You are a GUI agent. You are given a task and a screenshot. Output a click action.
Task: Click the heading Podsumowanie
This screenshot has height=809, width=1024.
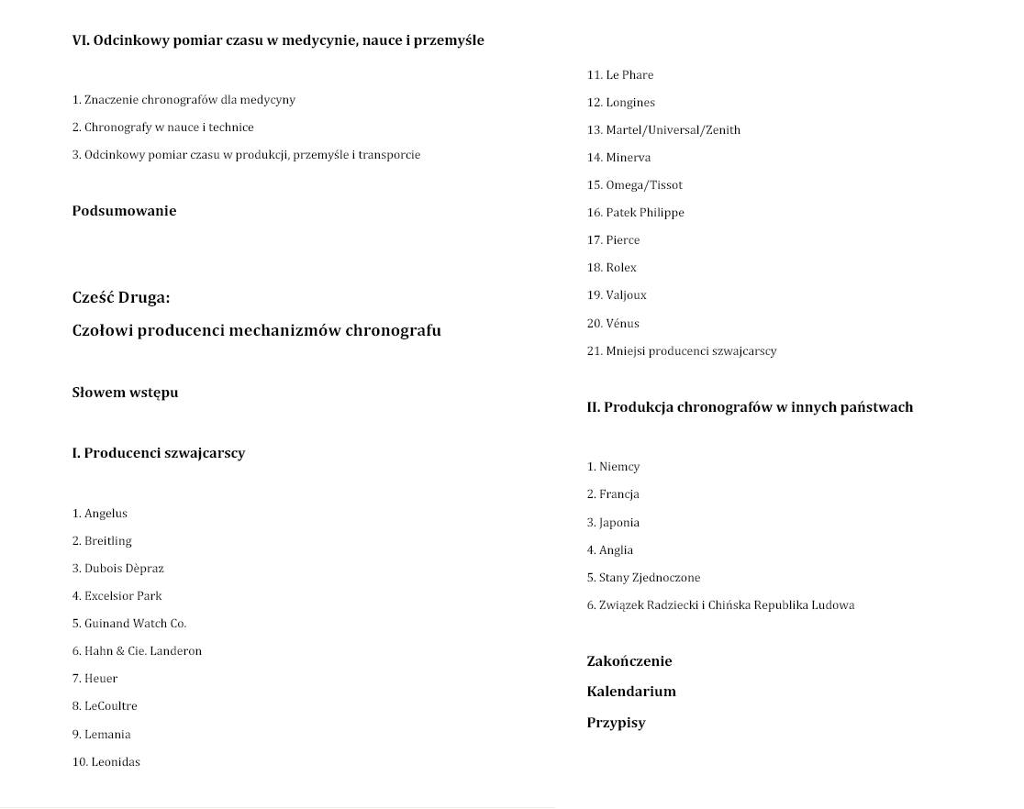[x=124, y=211]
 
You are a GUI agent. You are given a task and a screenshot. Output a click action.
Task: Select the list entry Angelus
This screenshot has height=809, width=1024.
[x=106, y=514]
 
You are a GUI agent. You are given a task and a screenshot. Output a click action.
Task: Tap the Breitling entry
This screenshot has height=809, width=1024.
[x=107, y=541]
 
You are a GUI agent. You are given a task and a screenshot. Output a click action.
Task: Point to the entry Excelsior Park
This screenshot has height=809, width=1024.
[x=123, y=596]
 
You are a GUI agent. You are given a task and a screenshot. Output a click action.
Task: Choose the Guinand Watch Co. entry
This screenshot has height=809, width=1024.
[x=135, y=624]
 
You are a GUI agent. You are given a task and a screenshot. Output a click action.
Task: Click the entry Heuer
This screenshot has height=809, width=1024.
[x=101, y=679]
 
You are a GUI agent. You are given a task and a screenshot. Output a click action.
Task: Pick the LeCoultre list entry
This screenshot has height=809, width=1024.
[x=110, y=706]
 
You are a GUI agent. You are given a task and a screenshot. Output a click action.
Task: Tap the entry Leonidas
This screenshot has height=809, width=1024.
[x=115, y=762]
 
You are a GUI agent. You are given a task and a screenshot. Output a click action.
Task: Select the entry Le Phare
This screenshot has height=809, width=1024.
[x=629, y=75]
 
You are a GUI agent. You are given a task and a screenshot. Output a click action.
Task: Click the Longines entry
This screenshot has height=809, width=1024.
[x=630, y=103]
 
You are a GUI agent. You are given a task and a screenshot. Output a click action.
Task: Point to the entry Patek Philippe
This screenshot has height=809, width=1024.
[x=645, y=213]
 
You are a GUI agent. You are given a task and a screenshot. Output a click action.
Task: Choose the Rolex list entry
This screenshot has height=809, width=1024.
[x=621, y=268]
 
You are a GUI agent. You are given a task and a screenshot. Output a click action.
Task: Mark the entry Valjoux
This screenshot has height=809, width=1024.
[x=626, y=295]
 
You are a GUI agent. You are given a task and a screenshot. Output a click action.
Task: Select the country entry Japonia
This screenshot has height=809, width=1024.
[x=619, y=523]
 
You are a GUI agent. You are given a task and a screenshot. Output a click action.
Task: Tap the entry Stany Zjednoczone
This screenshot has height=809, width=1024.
[x=650, y=578]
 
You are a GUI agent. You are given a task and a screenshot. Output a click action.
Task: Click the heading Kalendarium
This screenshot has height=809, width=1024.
[x=631, y=692]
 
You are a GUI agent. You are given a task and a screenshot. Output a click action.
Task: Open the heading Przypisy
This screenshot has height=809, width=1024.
[x=616, y=723]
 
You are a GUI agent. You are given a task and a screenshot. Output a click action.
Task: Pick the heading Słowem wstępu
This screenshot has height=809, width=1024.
[x=125, y=393]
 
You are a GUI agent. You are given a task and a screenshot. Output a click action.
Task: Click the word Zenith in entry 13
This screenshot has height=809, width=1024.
[x=721, y=130]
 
